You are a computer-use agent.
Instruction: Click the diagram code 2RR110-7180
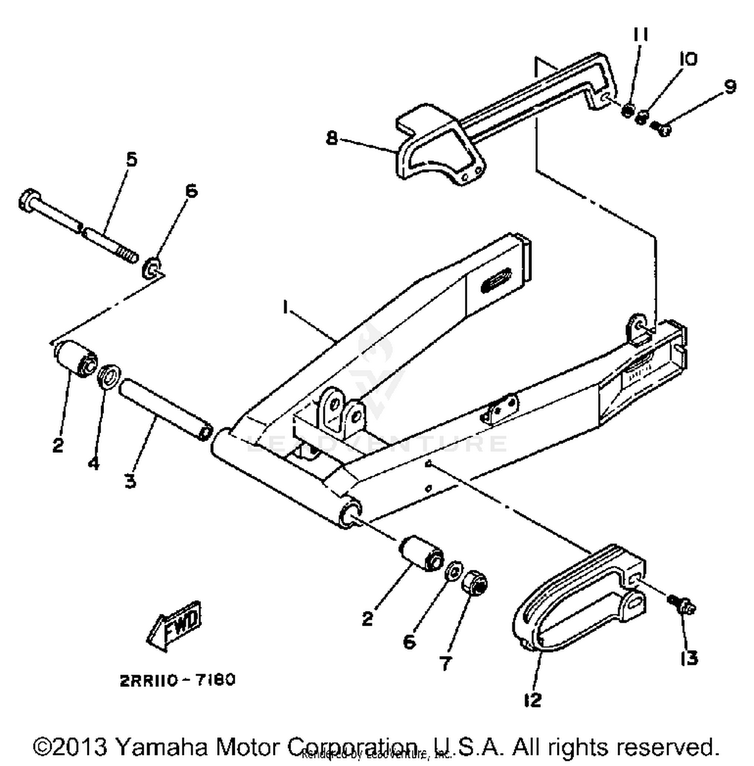[177, 680]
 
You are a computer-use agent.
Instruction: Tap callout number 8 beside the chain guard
[332, 137]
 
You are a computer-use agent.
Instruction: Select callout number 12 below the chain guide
[532, 700]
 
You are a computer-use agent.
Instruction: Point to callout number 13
[690, 657]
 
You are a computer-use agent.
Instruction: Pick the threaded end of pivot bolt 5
[130, 257]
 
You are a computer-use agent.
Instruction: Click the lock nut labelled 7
[475, 583]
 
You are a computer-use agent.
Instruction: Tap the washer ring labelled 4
[109, 376]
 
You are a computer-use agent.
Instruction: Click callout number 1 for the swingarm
[286, 307]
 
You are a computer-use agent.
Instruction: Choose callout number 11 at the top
[640, 35]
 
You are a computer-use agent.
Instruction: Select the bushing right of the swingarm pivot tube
[421, 553]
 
